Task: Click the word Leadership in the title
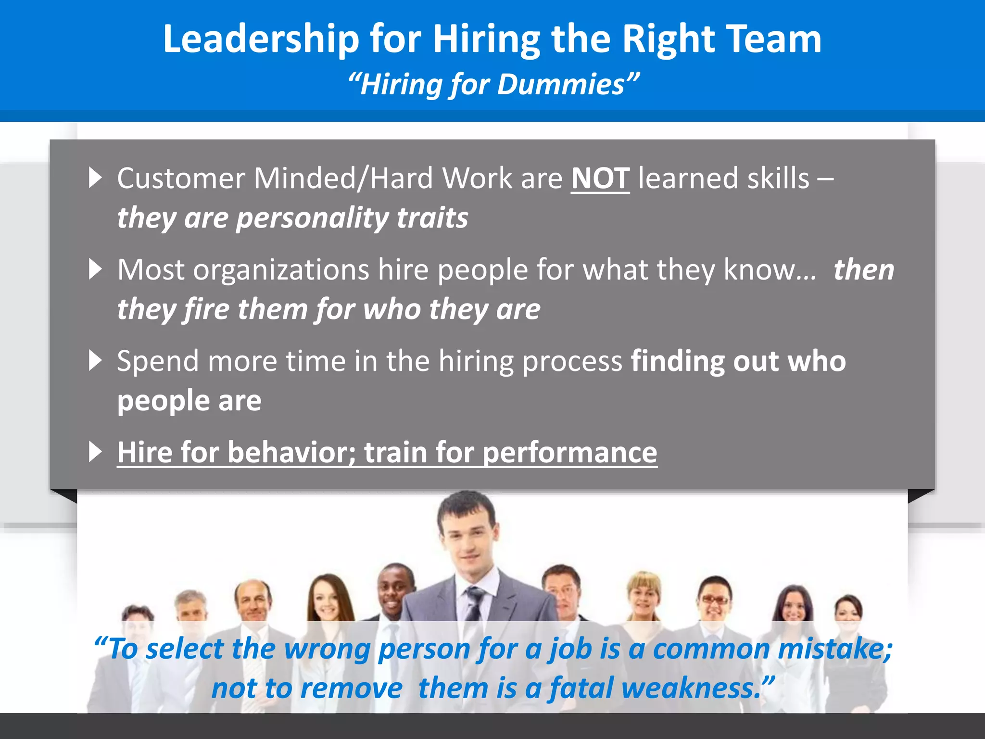[261, 39]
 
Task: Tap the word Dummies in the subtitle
[560, 85]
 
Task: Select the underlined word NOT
[600, 178]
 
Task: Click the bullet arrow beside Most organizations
[96, 269]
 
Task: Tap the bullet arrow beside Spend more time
[96, 360]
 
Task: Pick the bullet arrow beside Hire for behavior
[96, 452]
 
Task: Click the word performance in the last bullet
[569, 453]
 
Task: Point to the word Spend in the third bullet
[157, 361]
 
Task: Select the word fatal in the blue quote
[581, 688]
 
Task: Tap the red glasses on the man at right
[715, 599]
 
